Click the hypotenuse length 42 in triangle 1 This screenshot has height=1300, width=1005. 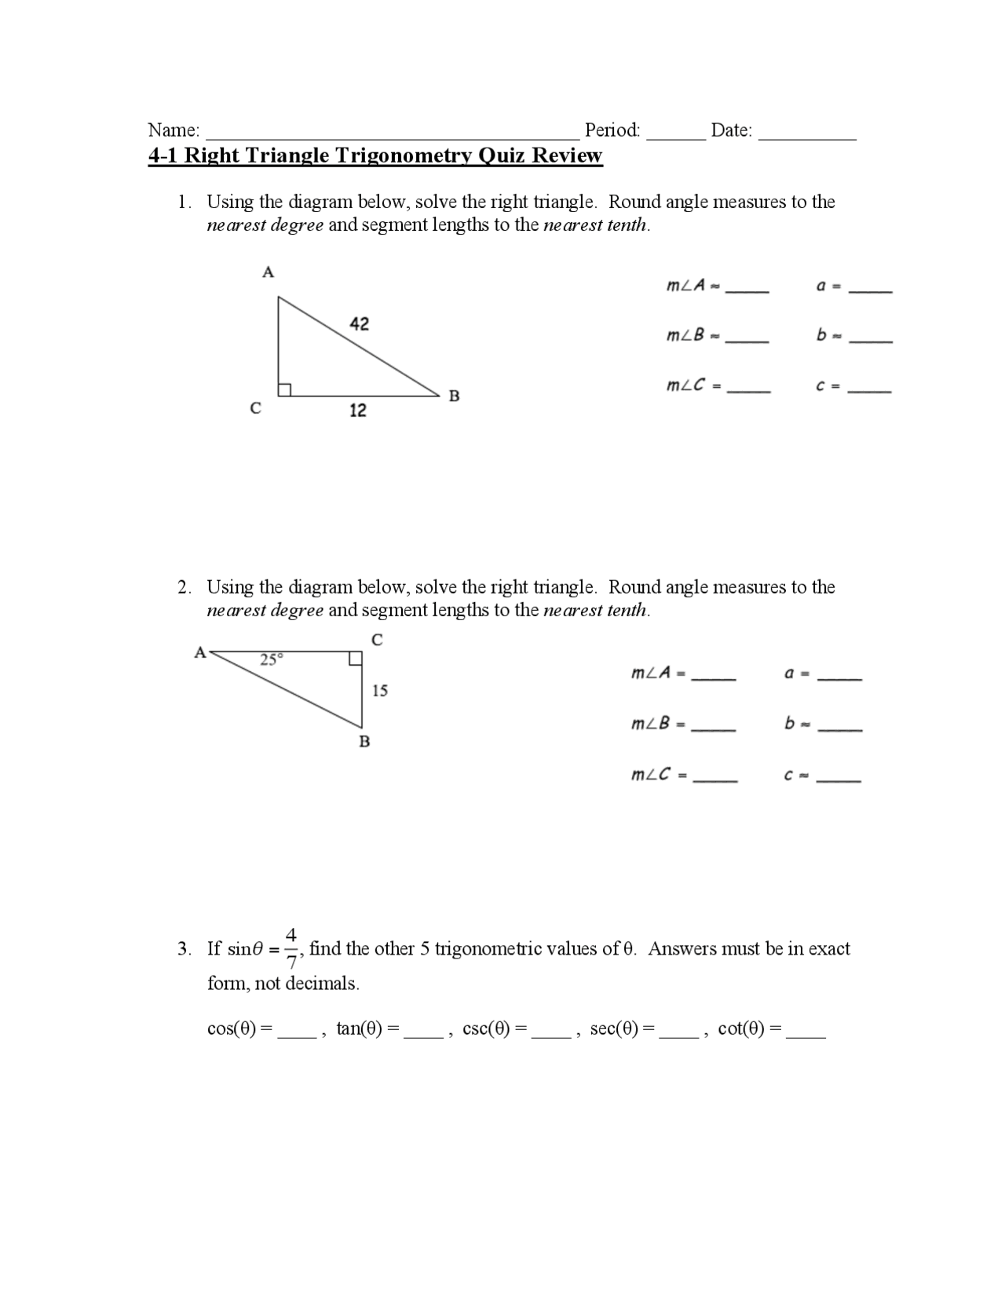pos(359,323)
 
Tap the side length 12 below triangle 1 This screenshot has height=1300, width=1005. pos(357,410)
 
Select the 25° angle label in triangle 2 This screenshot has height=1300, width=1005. pos(270,659)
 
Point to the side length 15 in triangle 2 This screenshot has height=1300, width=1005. pos(380,691)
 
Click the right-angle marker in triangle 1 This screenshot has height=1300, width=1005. pos(284,389)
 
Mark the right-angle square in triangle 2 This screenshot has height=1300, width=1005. pos(355,658)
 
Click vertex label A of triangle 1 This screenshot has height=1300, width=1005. pos(268,272)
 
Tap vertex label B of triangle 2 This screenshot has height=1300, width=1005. pos(364,741)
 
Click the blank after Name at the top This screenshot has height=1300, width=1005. pos(393,133)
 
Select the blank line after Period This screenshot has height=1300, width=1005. pos(676,133)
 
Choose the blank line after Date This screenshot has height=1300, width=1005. pos(807,133)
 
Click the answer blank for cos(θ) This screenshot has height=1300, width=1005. pos(297,1033)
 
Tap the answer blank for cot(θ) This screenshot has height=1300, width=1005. pos(806,1033)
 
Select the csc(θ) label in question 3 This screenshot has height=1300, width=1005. pos(487,1028)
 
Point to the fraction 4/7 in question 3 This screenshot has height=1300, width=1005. pos(291,948)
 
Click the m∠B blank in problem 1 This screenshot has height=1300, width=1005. pos(747,338)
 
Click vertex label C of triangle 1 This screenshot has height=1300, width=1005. pos(255,408)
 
